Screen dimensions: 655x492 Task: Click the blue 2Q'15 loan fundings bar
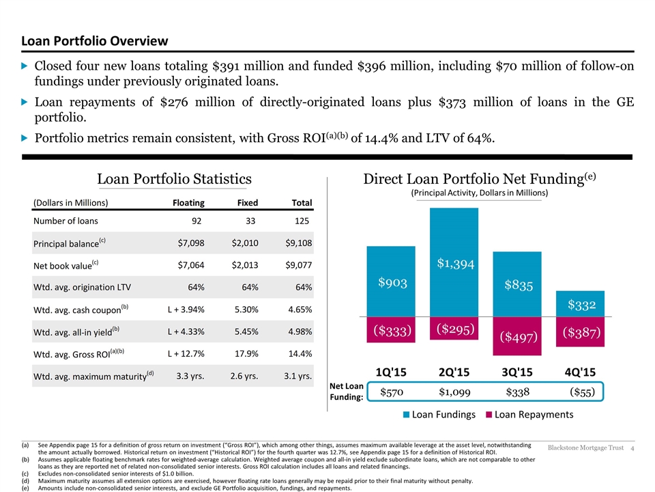[x=454, y=262]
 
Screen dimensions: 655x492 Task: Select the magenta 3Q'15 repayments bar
[x=517, y=336]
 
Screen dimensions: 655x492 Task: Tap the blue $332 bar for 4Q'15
[x=580, y=303]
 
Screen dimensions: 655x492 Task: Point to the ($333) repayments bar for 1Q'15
[x=391, y=329]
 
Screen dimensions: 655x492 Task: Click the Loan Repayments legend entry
[x=529, y=415]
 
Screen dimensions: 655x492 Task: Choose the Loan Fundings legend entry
[x=439, y=415]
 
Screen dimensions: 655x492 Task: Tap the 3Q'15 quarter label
[x=517, y=372]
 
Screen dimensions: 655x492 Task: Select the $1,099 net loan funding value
[x=454, y=392]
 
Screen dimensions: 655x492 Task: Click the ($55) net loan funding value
[x=582, y=392]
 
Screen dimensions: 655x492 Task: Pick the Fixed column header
[x=248, y=203]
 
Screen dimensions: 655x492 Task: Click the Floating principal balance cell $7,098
[x=191, y=243]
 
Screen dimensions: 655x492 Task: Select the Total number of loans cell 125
[x=302, y=221]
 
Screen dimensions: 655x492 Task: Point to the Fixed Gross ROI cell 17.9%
[x=246, y=353]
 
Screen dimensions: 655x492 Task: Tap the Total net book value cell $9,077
[x=299, y=265]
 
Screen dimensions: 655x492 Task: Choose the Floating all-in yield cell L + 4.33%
[x=186, y=332]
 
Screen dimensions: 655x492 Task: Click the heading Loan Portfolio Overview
[x=95, y=41]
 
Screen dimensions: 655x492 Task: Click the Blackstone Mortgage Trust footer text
[x=585, y=448]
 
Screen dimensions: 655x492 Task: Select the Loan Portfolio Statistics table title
[x=174, y=179]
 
